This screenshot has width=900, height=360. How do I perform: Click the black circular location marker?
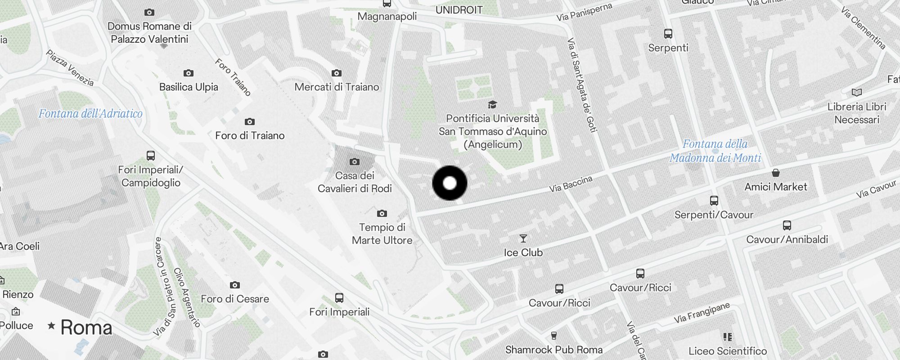(450, 183)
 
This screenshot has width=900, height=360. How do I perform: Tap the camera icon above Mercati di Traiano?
(337, 73)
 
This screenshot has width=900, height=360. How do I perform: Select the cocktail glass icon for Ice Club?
(523, 238)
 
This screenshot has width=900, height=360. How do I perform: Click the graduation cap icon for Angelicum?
(492, 105)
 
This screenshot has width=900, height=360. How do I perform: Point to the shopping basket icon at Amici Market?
(775, 173)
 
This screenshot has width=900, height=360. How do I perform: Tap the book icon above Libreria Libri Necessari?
(856, 93)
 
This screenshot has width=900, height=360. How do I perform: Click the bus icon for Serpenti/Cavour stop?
(714, 201)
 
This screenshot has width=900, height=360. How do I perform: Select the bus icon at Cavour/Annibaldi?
(787, 225)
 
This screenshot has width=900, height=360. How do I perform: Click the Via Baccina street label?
(571, 184)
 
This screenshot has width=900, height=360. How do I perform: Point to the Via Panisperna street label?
(584, 12)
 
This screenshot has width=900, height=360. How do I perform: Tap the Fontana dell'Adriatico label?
(90, 113)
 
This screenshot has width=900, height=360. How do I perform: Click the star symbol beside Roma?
(51, 325)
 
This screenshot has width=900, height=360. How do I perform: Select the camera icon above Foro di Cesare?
(234, 285)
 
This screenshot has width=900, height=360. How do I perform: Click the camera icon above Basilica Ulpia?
(188, 73)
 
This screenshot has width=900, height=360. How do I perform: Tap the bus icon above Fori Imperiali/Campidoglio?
(151, 156)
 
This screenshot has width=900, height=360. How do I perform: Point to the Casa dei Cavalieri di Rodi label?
(355, 182)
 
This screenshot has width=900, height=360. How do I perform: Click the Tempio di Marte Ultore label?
(382, 234)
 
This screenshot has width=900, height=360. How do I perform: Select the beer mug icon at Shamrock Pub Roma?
(554, 336)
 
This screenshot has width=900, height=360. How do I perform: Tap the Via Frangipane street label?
(702, 313)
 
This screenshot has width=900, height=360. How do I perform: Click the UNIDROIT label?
(459, 10)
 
